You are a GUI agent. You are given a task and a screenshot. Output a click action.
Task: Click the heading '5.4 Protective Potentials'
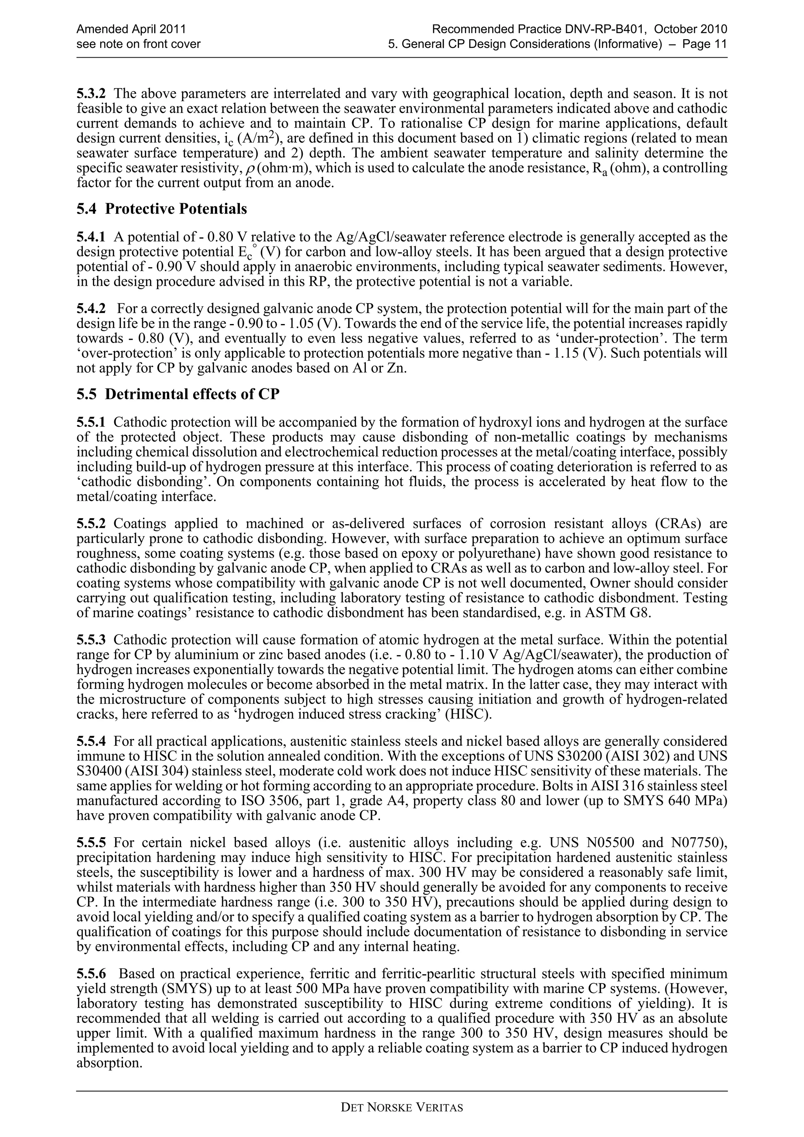click(161, 210)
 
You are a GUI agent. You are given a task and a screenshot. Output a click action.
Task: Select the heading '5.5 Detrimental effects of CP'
click(178, 394)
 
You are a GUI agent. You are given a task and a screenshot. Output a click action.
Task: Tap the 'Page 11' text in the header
click(704, 44)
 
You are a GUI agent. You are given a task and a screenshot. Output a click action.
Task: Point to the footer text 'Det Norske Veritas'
click(402, 1121)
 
